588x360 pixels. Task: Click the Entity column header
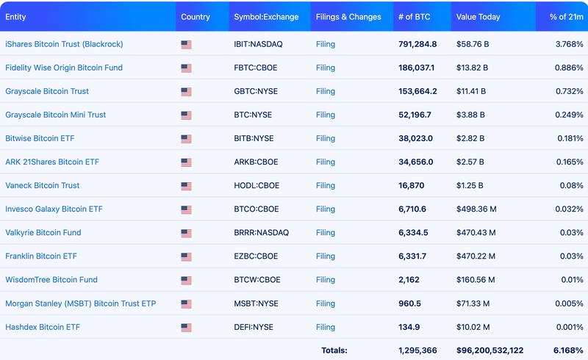click(x=15, y=17)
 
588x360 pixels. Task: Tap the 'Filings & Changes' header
click(x=348, y=17)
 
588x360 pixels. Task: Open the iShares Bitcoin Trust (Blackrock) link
click(x=64, y=44)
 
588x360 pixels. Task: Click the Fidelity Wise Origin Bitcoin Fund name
click(x=64, y=68)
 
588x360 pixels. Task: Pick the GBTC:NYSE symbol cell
click(x=254, y=91)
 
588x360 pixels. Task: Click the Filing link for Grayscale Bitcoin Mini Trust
click(x=326, y=115)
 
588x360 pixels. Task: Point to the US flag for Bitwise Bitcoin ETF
click(x=186, y=139)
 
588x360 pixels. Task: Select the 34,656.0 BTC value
click(x=416, y=162)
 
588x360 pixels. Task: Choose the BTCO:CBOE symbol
click(x=257, y=209)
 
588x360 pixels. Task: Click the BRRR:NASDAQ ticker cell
click(x=262, y=232)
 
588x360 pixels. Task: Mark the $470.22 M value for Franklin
click(x=476, y=256)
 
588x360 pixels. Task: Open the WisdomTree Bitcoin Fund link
click(x=51, y=279)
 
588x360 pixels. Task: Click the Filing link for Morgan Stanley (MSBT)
click(x=326, y=303)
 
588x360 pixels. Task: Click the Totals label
click(x=334, y=350)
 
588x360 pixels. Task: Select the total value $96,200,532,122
click(x=490, y=350)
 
